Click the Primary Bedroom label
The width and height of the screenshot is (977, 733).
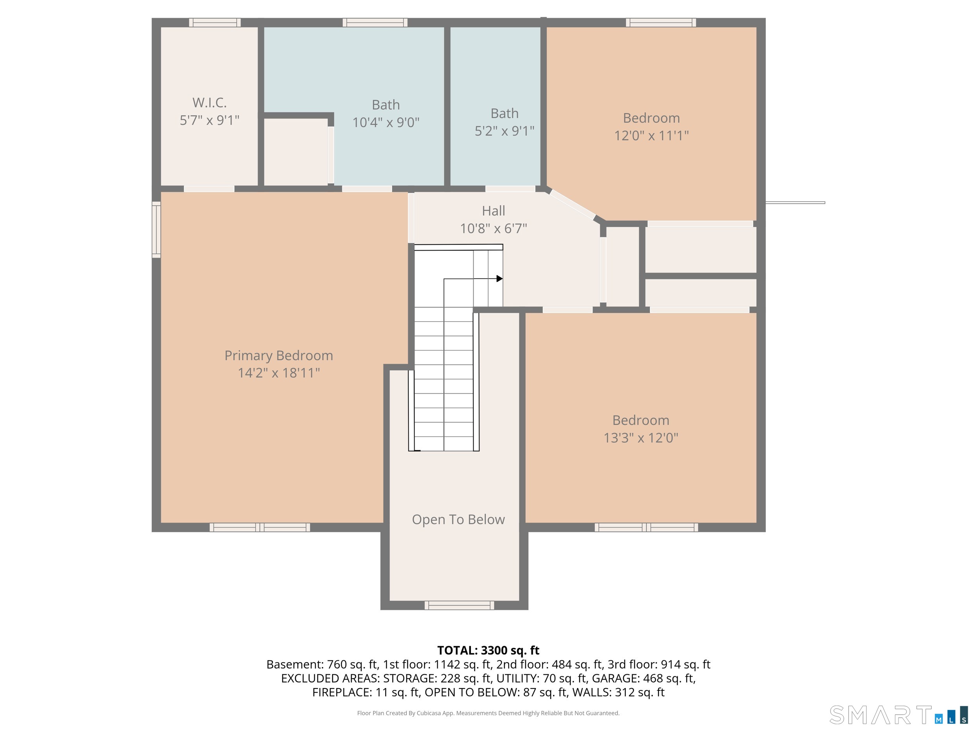[x=279, y=356]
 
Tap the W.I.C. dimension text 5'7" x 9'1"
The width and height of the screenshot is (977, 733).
[x=209, y=120]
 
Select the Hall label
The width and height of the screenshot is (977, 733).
[x=493, y=211]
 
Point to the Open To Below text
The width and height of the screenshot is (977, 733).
[x=458, y=519]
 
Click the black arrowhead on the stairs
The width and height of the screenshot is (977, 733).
[x=499, y=278]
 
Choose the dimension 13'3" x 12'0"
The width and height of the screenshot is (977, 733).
[x=641, y=437]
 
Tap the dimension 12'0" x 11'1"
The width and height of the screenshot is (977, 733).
[x=651, y=135]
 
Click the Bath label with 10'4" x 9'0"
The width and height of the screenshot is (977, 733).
[x=386, y=105]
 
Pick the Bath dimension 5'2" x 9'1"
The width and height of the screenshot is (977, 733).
[x=505, y=131]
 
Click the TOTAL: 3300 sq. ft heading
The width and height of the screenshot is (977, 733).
[x=488, y=651]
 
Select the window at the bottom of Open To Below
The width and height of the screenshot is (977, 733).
[x=459, y=605]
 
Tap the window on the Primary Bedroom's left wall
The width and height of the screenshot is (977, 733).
[x=156, y=229]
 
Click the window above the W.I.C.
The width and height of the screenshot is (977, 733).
[x=215, y=23]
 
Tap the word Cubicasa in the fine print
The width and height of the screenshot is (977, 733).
[x=428, y=713]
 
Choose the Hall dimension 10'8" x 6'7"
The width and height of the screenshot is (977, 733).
[x=493, y=228]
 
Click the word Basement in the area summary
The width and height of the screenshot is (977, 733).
[x=295, y=665]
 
